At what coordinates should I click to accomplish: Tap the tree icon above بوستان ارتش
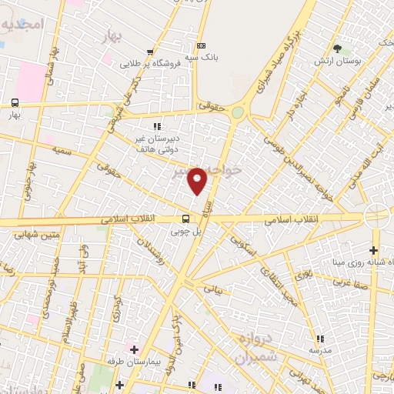[x=337, y=49]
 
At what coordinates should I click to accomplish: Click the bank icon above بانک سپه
[x=202, y=46]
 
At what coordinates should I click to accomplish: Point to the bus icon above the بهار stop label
[x=15, y=102]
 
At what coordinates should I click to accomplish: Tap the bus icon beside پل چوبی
[x=185, y=219]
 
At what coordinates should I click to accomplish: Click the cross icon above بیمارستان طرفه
[x=134, y=349]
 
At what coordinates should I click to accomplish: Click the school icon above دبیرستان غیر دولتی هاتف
[x=157, y=126]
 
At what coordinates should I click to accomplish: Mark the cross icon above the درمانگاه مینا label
[x=373, y=250]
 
